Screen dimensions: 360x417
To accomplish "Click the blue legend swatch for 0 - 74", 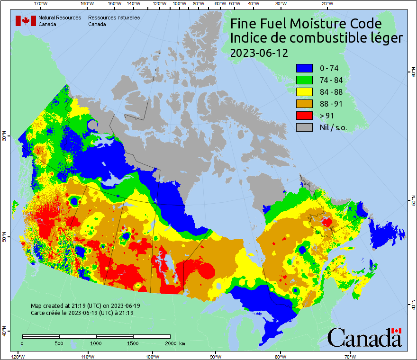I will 304,68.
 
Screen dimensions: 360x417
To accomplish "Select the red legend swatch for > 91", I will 304,116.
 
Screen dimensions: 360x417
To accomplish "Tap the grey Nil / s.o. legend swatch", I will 304,127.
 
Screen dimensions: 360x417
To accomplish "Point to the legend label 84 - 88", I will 331,92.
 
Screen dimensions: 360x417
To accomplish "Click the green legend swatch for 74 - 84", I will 304,80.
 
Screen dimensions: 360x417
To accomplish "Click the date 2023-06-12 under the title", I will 259,53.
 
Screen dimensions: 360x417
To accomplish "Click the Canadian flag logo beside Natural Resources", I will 26,21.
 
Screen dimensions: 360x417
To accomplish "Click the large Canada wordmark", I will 364,338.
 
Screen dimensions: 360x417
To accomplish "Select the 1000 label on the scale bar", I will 96,343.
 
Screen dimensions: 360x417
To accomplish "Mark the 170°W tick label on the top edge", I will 41,3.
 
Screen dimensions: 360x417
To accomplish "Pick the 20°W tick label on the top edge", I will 326,3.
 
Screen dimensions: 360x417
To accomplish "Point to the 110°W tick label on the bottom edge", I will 87,356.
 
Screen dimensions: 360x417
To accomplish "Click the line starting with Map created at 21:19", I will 85,306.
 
